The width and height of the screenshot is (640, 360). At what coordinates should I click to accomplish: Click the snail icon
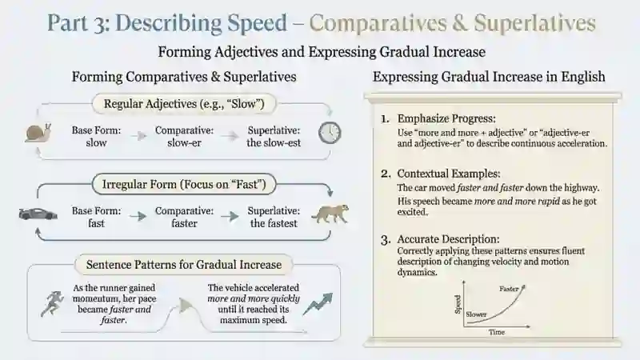click(x=38, y=133)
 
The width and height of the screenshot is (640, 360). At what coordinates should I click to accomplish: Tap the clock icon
click(x=330, y=133)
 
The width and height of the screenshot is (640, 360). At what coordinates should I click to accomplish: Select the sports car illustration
click(x=38, y=214)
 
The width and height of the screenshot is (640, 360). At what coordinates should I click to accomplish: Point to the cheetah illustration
click(x=330, y=214)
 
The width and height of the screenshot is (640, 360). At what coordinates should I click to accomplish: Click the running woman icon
click(x=53, y=304)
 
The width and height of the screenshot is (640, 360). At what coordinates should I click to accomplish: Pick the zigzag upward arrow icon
click(x=318, y=304)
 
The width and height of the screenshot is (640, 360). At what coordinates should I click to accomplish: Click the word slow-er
click(x=184, y=143)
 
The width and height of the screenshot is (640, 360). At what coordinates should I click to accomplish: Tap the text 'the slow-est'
click(x=274, y=143)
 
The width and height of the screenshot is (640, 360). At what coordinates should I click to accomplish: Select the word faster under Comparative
click(x=184, y=223)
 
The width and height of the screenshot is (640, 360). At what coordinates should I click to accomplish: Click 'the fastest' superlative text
click(x=274, y=223)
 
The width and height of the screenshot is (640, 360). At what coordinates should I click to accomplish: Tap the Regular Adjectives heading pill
click(x=184, y=104)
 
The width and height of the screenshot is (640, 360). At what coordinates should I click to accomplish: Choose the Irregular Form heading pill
click(x=184, y=185)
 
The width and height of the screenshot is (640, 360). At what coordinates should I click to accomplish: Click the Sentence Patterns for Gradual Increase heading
click(x=184, y=265)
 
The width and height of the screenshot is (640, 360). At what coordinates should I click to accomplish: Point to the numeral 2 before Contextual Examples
click(x=386, y=174)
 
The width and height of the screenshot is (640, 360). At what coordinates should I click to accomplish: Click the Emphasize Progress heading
click(x=446, y=118)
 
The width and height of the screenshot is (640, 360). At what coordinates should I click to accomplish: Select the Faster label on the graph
click(x=509, y=289)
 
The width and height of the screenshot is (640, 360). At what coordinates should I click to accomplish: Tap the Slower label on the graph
click(x=476, y=314)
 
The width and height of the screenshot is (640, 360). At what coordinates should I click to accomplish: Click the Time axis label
click(x=497, y=332)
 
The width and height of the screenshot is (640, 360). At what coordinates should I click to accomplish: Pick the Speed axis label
click(x=458, y=305)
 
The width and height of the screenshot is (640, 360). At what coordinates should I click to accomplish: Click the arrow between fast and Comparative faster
click(x=138, y=216)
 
